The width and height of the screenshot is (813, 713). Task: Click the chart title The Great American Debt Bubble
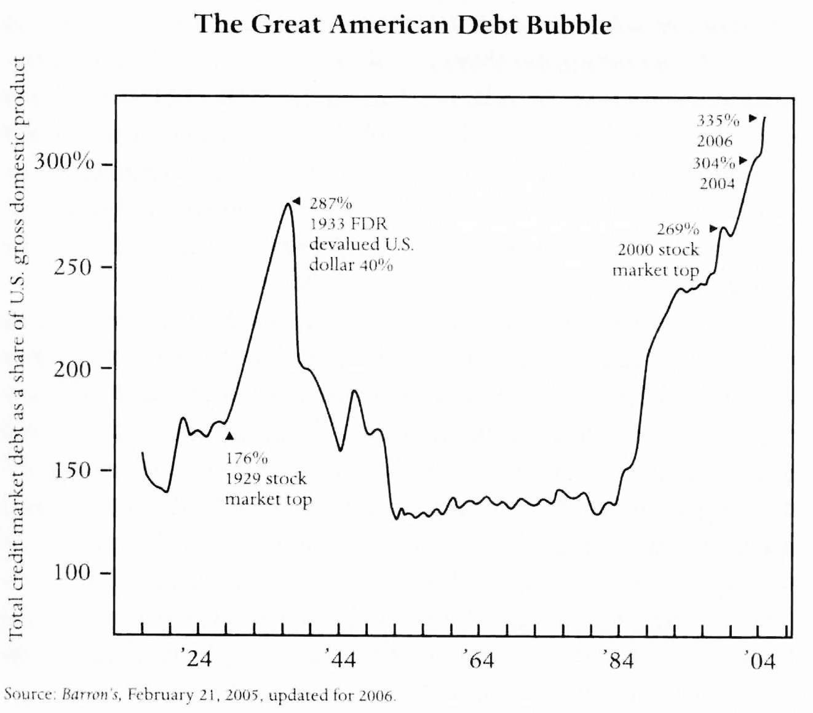(x=403, y=25)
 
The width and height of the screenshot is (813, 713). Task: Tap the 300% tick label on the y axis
(x=64, y=163)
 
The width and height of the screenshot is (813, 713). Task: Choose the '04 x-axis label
(x=759, y=661)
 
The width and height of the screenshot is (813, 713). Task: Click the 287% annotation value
(x=330, y=203)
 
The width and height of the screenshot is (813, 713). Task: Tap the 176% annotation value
(x=246, y=458)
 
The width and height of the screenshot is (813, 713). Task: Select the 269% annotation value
(x=678, y=229)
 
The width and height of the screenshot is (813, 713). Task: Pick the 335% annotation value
(x=718, y=120)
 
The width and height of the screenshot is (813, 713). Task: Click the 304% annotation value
(x=713, y=163)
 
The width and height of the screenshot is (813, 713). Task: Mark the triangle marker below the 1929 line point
(x=229, y=436)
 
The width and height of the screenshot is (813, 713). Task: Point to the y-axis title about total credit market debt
(x=18, y=347)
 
